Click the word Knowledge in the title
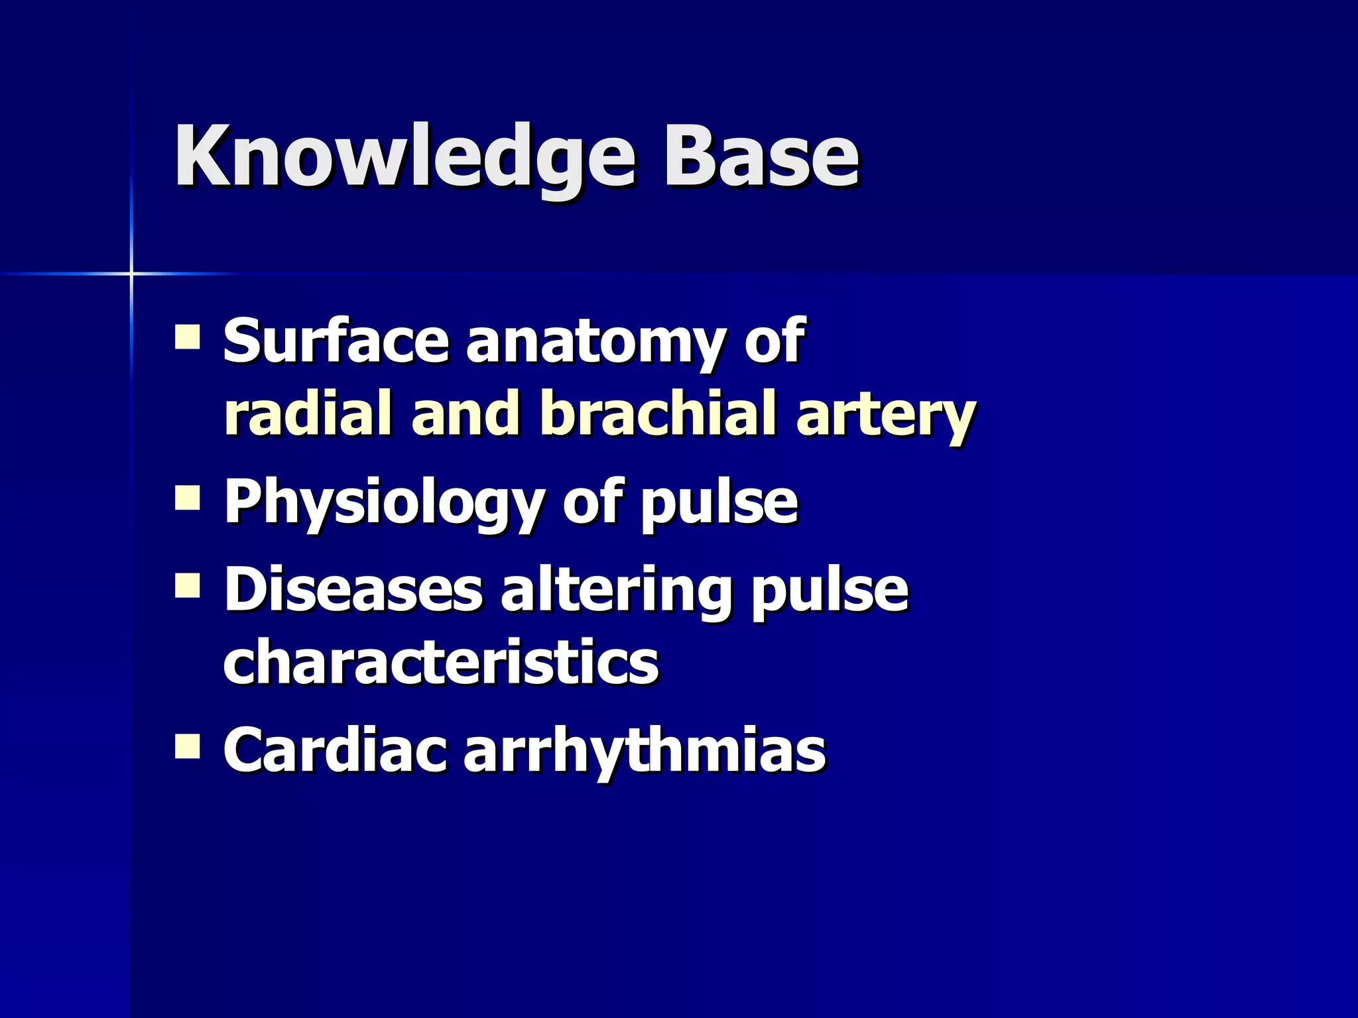click(404, 159)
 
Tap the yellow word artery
click(886, 416)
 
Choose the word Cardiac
click(334, 750)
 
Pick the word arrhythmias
click(644, 753)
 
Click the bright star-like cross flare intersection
click(131, 273)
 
